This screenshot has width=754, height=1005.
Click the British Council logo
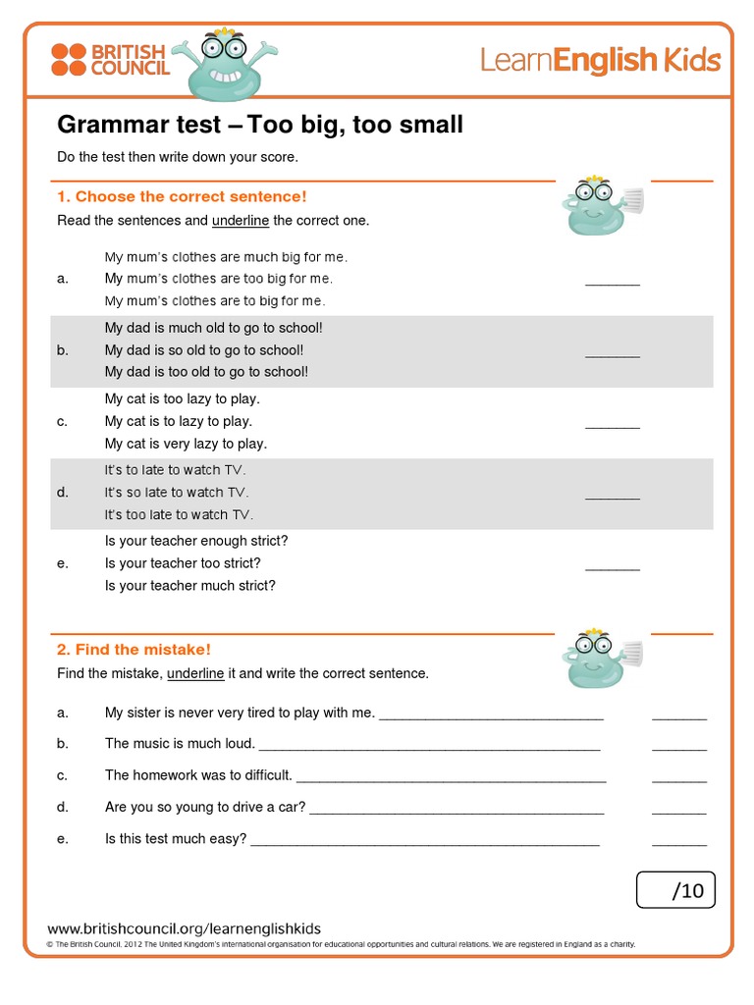click(x=110, y=60)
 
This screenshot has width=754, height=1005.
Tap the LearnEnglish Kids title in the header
click(x=600, y=61)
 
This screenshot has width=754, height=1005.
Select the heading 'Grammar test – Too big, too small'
click(x=260, y=126)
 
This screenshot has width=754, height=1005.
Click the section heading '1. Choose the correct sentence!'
click(x=182, y=196)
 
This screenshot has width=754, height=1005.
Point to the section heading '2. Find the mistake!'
click(x=134, y=649)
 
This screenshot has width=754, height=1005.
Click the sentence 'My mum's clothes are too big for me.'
click(x=218, y=279)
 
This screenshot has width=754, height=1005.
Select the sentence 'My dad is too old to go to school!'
click(x=206, y=371)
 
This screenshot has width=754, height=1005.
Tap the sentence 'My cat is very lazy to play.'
click(x=186, y=444)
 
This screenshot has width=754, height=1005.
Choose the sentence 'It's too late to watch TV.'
click(x=179, y=514)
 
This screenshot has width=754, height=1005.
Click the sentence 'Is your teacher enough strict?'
click(x=196, y=541)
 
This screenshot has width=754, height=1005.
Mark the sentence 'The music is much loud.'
click(x=180, y=743)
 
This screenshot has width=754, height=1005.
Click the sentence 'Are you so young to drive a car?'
click(x=205, y=807)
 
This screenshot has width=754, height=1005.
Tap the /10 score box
click(x=675, y=890)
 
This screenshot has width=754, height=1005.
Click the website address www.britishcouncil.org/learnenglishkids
click(x=185, y=928)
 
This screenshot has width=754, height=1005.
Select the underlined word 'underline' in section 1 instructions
click(x=241, y=221)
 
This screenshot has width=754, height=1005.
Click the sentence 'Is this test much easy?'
click(x=176, y=838)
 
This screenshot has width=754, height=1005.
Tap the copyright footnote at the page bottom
click(x=342, y=944)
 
